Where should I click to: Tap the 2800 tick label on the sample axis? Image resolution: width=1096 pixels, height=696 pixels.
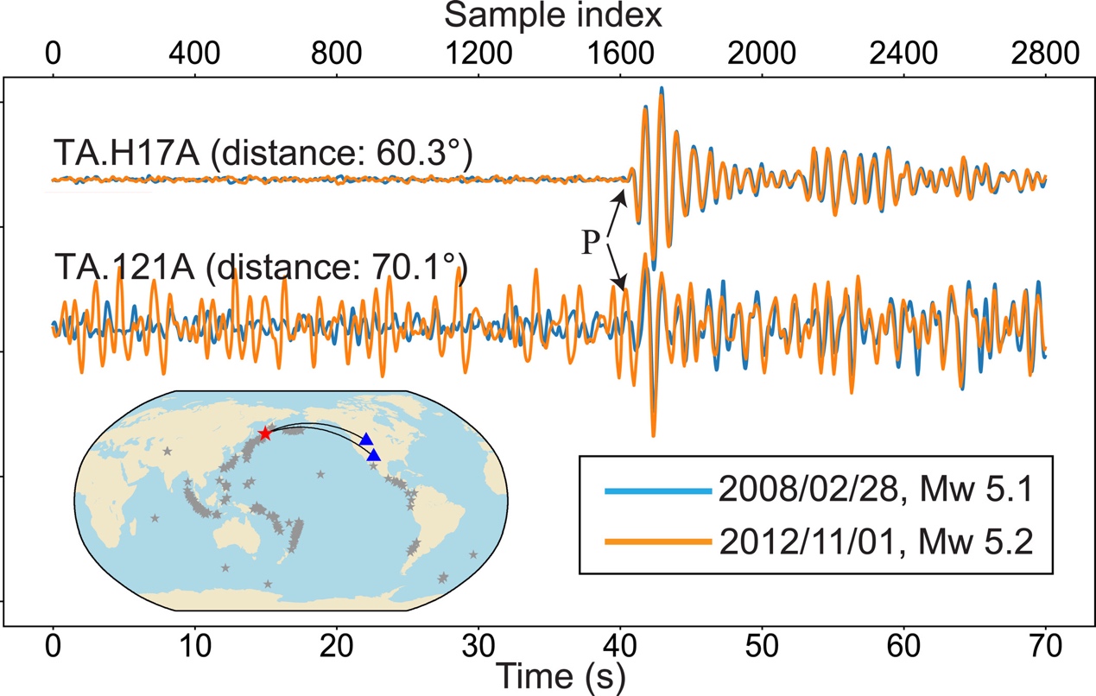(1045, 54)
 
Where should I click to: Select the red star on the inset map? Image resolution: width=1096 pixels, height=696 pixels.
(265, 433)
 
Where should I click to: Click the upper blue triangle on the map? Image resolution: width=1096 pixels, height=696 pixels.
(366, 439)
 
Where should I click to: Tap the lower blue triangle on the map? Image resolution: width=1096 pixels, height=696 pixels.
(374, 455)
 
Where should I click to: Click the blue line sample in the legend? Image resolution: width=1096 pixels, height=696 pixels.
(658, 491)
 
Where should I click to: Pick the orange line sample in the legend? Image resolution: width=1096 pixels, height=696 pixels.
(658, 541)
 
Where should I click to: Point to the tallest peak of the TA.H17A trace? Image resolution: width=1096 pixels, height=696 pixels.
(662, 88)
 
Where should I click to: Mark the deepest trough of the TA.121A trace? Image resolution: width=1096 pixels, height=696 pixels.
(653, 435)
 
